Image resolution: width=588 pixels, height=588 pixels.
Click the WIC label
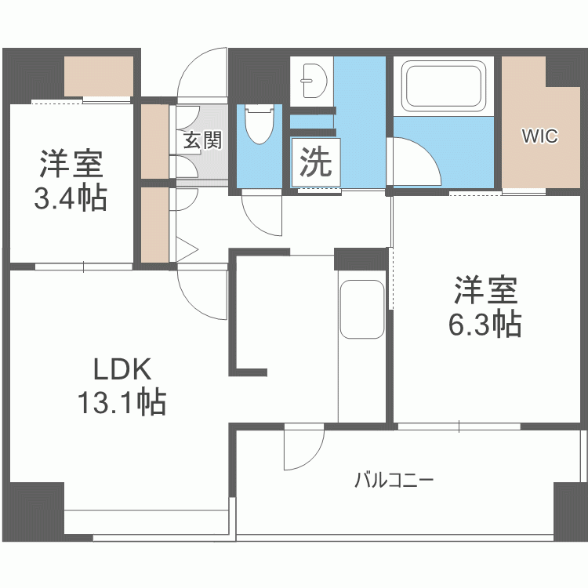click(x=539, y=136)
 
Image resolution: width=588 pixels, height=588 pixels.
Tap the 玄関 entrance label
click(x=202, y=140)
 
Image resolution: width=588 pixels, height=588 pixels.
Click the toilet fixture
click(x=258, y=125)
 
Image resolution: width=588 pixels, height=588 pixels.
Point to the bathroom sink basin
click(x=314, y=78)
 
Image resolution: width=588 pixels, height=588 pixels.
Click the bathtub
click(x=443, y=85)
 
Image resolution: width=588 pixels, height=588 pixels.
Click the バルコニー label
click(x=394, y=480)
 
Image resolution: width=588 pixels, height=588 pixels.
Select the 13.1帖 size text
click(x=121, y=402)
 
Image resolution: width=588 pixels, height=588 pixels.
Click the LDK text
click(x=121, y=368)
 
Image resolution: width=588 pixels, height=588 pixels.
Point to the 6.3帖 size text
click(x=485, y=323)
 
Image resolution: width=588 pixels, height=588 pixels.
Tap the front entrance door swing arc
click(x=202, y=74)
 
